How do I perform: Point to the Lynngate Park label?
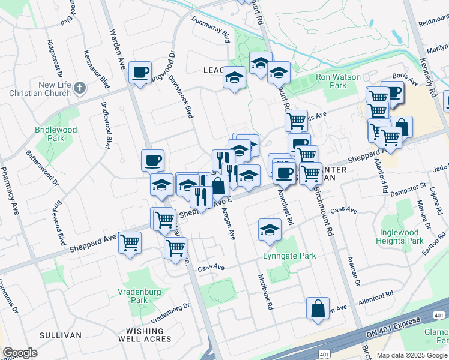coord(289,256)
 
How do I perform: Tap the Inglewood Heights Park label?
coord(402,236)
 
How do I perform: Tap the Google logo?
coord(20,353)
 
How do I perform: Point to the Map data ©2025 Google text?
coord(412,355)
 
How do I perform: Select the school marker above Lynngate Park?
coord(270,229)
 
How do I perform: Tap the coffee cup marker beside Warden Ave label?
coord(140,73)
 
